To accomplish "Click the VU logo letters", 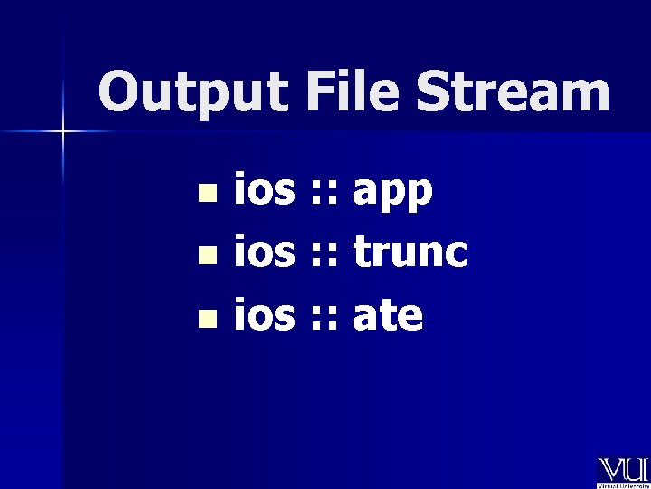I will tap(621, 470).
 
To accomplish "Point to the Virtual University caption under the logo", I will tap(621, 484).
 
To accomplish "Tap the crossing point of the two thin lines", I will tap(62, 132).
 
